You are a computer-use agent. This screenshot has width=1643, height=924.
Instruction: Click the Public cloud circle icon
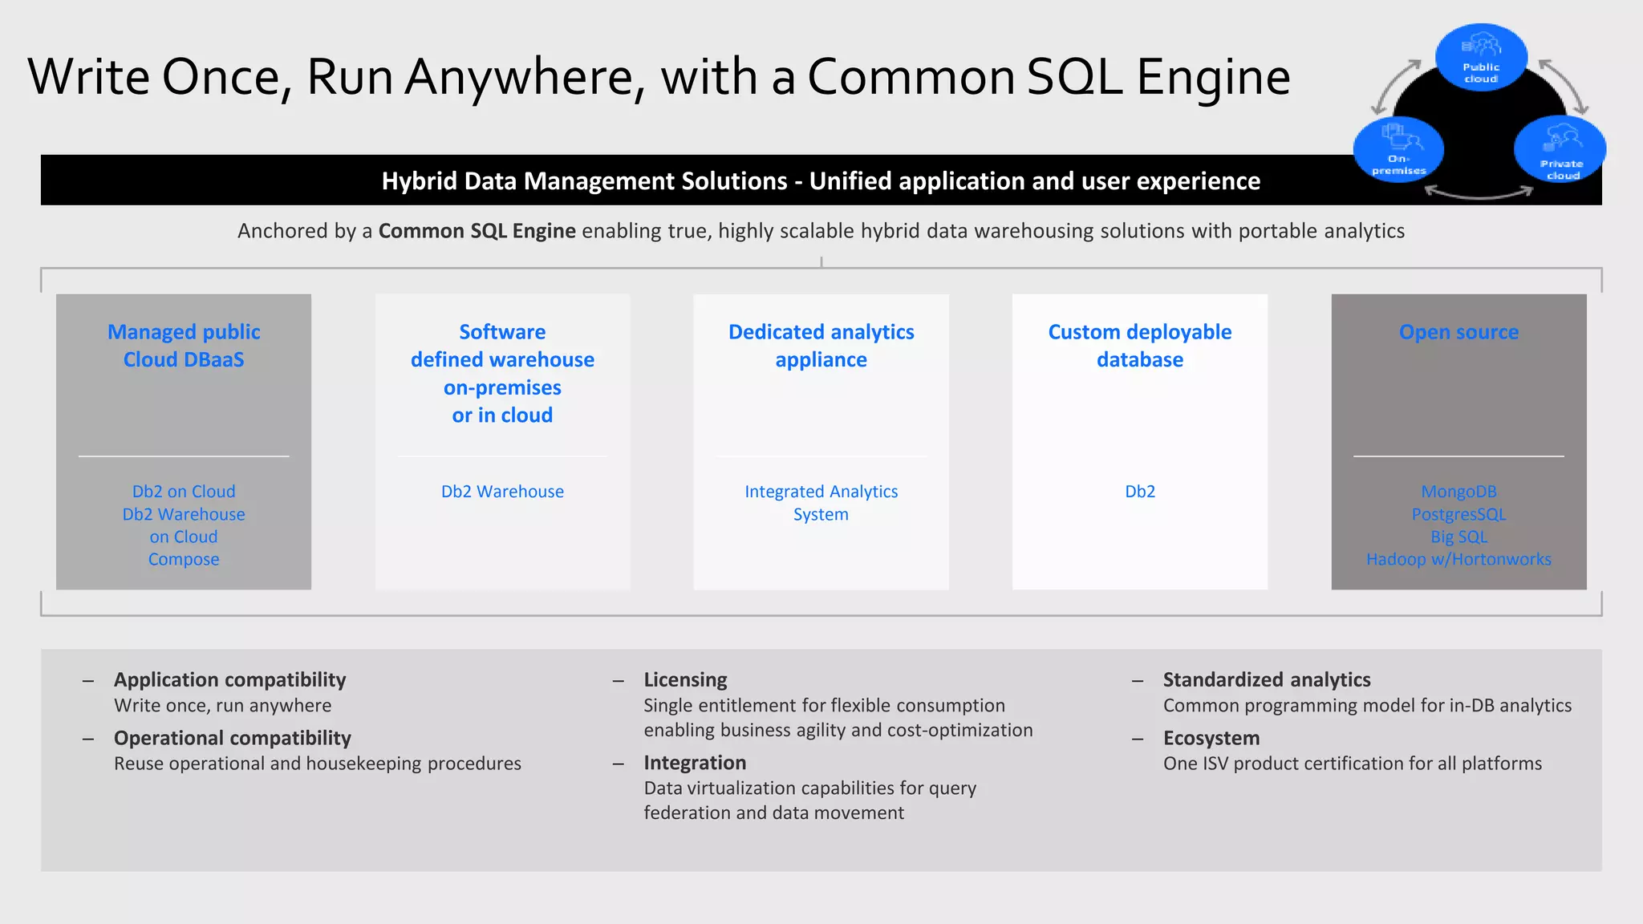[1481, 57]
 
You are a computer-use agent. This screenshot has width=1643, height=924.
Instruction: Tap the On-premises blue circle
[1398, 149]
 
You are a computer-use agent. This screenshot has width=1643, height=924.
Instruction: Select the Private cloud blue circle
[1560, 149]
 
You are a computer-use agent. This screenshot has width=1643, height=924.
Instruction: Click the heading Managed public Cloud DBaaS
[184, 346]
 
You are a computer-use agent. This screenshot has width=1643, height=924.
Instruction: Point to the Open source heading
[1458, 332]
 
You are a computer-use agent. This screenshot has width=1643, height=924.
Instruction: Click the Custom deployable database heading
[1139, 346]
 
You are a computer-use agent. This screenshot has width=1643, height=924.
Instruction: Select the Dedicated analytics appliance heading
[821, 346]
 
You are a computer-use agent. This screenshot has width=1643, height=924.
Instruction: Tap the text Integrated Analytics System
[821, 503]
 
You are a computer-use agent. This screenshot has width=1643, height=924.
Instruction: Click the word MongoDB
[1458, 492]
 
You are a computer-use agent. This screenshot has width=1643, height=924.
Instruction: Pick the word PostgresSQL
[1458, 514]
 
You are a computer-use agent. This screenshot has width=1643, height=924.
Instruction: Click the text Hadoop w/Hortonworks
[1458, 559]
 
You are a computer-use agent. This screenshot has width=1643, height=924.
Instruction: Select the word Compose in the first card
[184, 559]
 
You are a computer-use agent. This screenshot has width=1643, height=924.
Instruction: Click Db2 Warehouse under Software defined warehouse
[502, 492]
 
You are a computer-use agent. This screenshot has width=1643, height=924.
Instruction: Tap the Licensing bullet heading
[685, 680]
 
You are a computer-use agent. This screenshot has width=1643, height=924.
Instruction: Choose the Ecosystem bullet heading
[1211, 738]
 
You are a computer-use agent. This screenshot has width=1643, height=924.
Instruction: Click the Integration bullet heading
[695, 763]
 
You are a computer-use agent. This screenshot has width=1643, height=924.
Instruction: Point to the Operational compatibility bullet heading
[233, 738]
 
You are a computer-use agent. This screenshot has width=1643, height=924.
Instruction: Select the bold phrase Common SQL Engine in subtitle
[477, 231]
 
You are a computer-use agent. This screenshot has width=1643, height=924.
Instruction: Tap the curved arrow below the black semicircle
[1479, 192]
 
